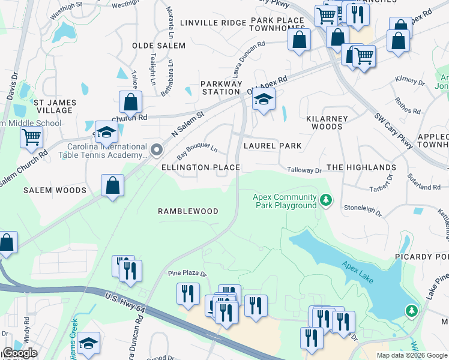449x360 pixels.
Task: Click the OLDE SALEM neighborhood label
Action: pos(159,46)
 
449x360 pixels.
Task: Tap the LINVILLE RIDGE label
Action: pos(205,23)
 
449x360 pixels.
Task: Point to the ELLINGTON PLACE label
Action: pos(200,167)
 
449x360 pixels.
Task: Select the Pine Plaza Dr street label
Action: pos(187,274)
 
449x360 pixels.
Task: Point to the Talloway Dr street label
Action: pos(304,170)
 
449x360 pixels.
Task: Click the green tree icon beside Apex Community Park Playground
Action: pos(325,199)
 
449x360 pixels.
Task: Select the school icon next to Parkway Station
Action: pos(263,100)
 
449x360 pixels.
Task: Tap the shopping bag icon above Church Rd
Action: pos(130,103)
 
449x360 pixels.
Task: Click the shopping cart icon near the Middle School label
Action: pos(31,136)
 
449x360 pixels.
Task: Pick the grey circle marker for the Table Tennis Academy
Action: pos(157,149)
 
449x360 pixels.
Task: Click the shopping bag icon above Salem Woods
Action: pos(112,185)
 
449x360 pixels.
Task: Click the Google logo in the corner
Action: pos(20,353)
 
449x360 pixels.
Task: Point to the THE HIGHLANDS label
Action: pos(361,167)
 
